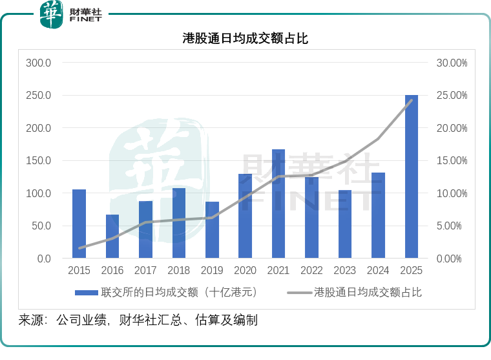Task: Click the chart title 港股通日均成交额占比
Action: pyautogui.click(x=245, y=39)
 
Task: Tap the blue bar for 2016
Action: pyautogui.click(x=112, y=237)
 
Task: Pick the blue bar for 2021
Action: pyautogui.click(x=278, y=204)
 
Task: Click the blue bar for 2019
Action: pyautogui.click(x=212, y=230)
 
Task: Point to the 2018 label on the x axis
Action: pyautogui.click(x=179, y=271)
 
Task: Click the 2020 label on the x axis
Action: pyautogui.click(x=245, y=271)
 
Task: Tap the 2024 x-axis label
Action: pyautogui.click(x=378, y=271)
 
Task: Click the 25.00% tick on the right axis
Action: pyautogui.click(x=452, y=96)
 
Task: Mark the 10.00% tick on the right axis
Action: pyautogui.click(x=452, y=194)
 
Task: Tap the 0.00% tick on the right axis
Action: pyautogui.click(x=454, y=259)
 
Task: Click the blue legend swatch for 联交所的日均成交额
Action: pyautogui.click(x=87, y=292)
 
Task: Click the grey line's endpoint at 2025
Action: pyautogui.click(x=412, y=100)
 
